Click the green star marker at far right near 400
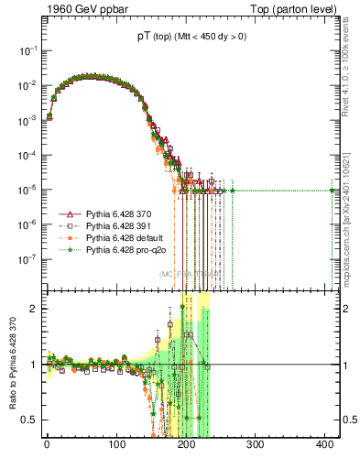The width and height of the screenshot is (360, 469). (x=333, y=190)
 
